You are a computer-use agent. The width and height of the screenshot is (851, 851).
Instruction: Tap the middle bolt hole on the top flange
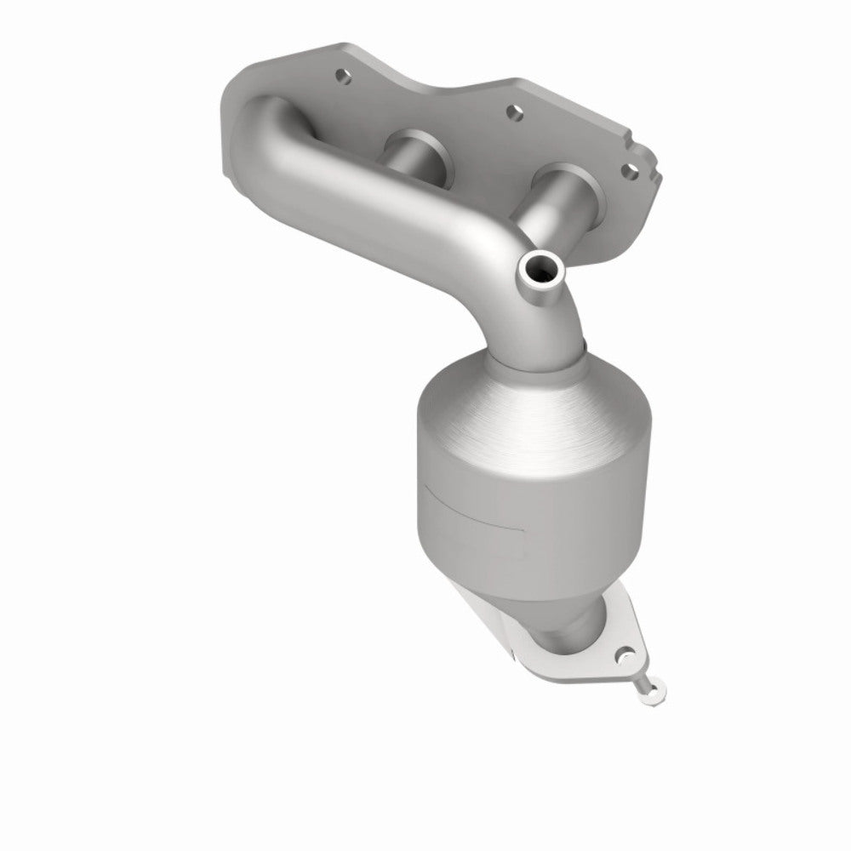pyautogui.click(x=513, y=111)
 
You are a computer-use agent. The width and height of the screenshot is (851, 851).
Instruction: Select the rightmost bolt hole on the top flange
pyautogui.click(x=631, y=170)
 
